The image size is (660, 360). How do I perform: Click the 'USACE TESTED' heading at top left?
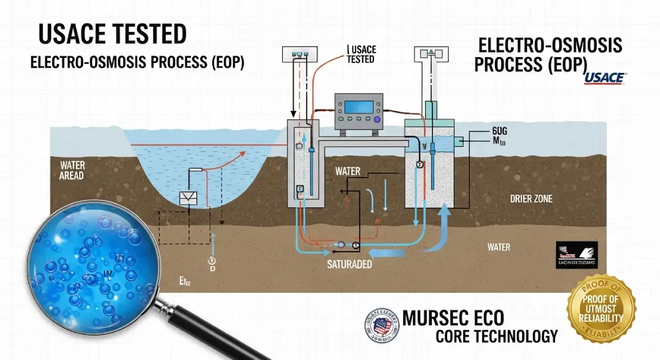112,35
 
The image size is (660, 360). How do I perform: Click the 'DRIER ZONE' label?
531,198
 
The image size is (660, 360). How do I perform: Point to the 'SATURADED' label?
350,264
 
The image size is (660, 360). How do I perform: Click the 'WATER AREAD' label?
71,170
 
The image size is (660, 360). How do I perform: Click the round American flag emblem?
381,325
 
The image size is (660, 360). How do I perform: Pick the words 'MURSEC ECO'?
453,318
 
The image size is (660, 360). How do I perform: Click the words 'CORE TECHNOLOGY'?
496,336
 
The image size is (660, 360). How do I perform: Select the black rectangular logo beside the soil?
576,256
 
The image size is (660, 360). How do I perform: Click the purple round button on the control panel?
377,119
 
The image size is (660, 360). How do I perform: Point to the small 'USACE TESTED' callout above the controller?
360,54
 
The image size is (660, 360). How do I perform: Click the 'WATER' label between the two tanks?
348,172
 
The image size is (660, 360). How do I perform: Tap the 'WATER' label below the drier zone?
499,247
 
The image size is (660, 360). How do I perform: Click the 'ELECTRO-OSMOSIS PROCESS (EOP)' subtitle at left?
137,63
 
